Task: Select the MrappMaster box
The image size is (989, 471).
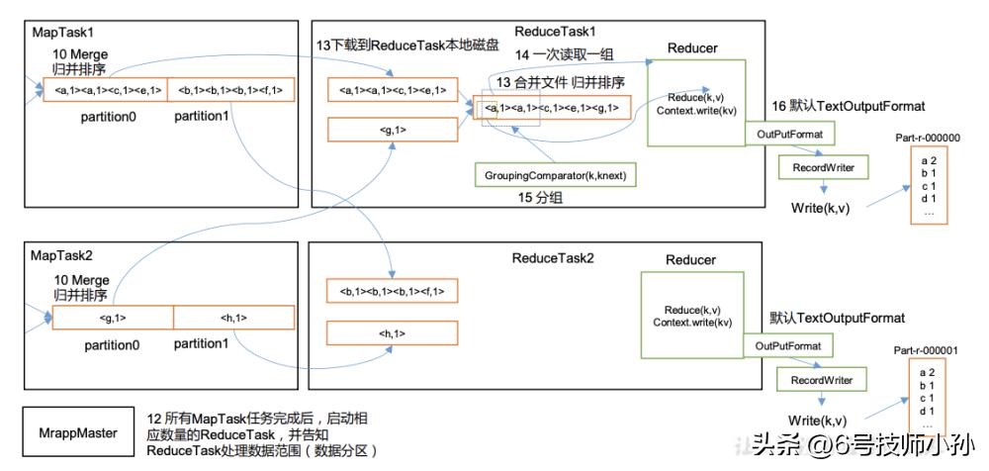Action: pos(71,432)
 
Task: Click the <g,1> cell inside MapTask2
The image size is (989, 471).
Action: pos(113,318)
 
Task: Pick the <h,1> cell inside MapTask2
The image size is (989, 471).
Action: pos(233,318)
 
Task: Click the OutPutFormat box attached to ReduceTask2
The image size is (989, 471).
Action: pos(788,345)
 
